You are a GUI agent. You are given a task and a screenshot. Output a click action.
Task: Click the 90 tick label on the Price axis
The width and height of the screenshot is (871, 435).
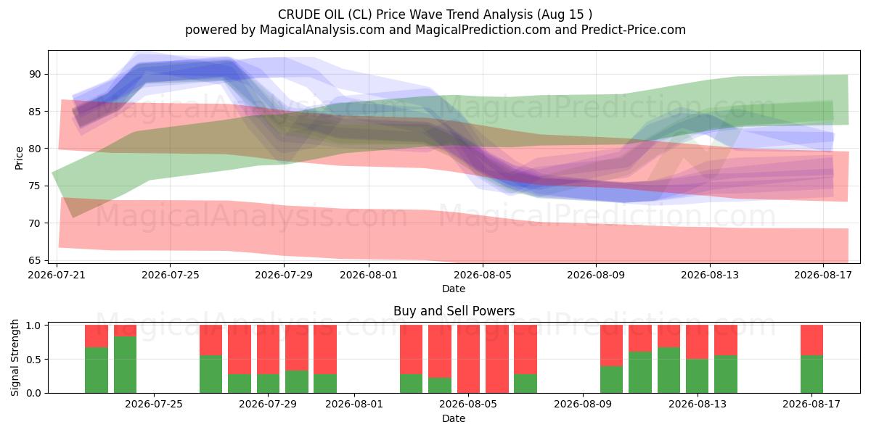(35, 74)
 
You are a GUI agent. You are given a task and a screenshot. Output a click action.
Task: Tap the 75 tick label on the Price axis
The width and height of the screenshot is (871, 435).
(35, 186)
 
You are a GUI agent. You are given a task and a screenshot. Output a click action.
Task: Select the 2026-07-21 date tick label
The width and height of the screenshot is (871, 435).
(57, 275)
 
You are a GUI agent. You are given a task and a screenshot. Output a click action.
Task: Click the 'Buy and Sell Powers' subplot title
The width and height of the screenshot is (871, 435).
(454, 311)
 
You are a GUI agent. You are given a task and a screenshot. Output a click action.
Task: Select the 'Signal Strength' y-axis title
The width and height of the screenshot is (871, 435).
(15, 357)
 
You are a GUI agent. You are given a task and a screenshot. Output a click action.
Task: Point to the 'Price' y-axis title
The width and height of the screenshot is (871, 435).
(19, 159)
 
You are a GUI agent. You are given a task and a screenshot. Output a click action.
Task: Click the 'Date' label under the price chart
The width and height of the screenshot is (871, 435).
(454, 289)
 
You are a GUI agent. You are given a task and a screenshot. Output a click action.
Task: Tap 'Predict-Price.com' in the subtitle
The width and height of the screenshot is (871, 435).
(634, 30)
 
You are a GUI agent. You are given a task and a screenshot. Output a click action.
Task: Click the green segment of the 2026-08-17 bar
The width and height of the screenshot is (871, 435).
(812, 374)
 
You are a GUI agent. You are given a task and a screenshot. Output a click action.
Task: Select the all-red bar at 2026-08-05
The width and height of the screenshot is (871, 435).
(468, 359)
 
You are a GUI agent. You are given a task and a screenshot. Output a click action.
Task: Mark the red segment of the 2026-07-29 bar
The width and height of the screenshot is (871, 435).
(269, 349)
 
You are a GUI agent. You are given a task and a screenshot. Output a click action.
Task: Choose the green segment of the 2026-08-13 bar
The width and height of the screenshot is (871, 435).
(698, 376)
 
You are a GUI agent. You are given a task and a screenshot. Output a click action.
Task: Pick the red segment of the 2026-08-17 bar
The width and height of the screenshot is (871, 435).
(812, 340)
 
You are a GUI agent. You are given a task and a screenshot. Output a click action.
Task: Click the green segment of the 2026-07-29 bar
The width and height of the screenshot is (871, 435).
(269, 384)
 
